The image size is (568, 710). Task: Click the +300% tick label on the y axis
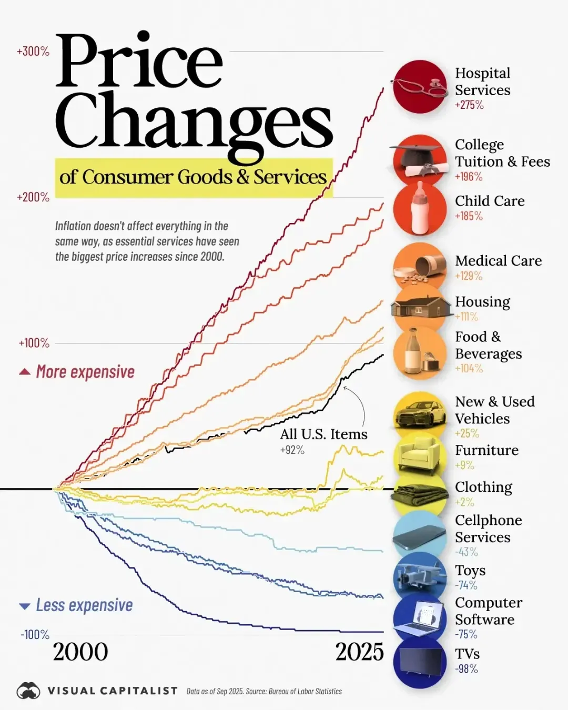point(33,52)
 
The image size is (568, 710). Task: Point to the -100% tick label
point(35,635)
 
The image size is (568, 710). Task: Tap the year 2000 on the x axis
point(80,652)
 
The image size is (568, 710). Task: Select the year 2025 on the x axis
point(360,652)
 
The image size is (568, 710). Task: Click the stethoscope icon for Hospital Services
point(419,87)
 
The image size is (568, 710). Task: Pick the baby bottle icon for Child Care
point(420,209)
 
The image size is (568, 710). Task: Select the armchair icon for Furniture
point(420,454)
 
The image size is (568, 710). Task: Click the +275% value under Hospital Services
point(469,105)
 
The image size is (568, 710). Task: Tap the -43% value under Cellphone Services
point(466,552)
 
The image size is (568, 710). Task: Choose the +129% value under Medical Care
point(469,276)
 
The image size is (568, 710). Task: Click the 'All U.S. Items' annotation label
point(323,434)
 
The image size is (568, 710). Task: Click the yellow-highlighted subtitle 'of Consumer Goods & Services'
point(194,177)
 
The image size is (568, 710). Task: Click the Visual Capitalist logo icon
point(28,691)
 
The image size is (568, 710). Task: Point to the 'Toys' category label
point(470,571)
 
